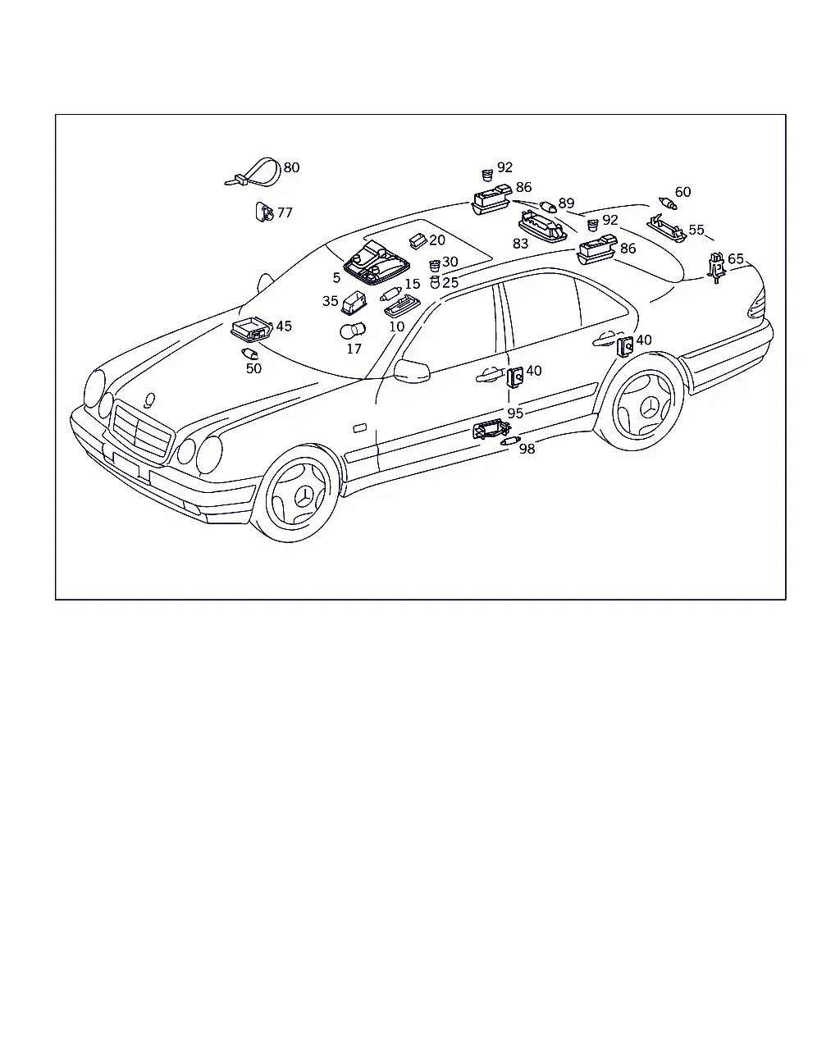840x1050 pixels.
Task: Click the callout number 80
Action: click(x=291, y=167)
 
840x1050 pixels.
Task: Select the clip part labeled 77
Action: click(x=264, y=212)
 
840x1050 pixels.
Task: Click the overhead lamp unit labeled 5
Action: click(x=377, y=262)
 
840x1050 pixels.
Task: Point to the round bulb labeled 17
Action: click(x=353, y=331)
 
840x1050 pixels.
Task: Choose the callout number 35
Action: click(x=330, y=301)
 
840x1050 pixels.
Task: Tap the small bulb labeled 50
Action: click(x=250, y=354)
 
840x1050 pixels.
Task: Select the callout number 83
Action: click(x=520, y=244)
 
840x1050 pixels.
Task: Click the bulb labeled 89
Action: click(x=548, y=207)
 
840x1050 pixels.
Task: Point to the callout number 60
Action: click(x=682, y=192)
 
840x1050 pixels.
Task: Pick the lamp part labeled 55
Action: click(x=667, y=228)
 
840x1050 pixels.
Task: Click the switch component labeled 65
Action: click(x=716, y=267)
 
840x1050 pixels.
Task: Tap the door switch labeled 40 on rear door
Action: click(x=625, y=346)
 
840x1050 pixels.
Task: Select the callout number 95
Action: click(x=515, y=413)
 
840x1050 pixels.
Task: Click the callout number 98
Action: click(x=527, y=449)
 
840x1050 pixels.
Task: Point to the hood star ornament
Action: click(x=149, y=400)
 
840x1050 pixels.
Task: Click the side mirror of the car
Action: click(x=412, y=372)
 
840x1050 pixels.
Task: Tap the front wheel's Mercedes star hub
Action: click(x=304, y=497)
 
